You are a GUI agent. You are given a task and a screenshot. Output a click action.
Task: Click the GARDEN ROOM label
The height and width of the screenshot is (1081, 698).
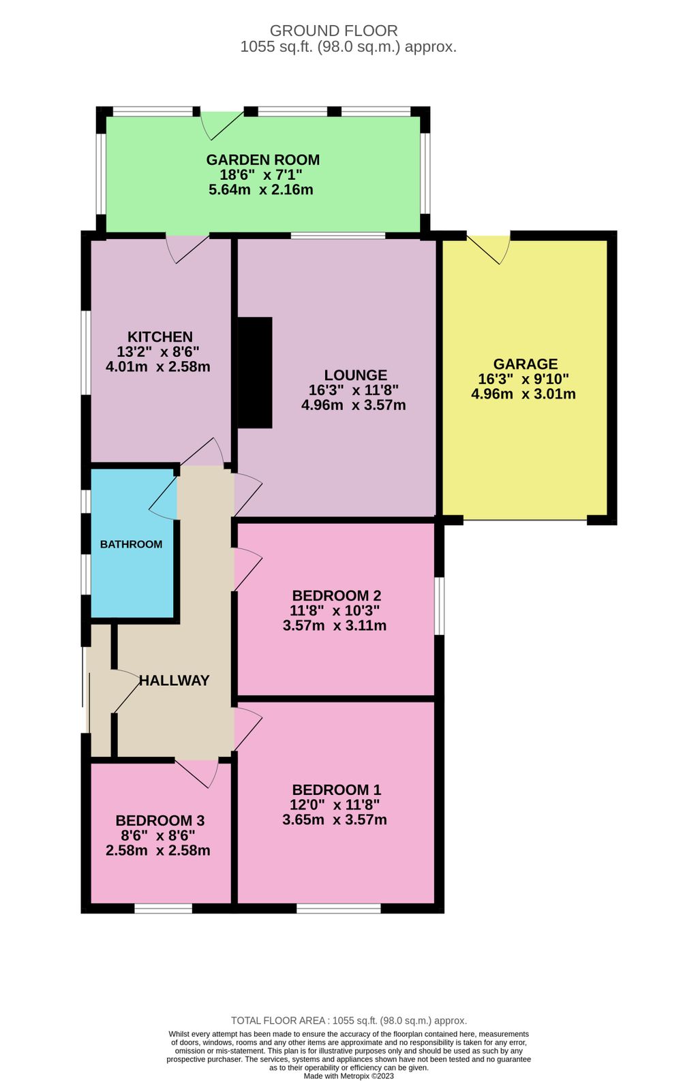[262, 160]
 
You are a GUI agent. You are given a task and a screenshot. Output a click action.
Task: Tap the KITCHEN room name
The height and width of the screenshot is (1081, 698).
[160, 336]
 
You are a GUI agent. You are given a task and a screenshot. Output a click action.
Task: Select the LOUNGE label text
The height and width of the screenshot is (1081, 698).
[355, 375]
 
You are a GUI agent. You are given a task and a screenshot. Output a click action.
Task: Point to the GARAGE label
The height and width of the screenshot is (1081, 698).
[525, 364]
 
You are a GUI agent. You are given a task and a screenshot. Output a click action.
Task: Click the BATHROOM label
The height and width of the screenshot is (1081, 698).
[131, 544]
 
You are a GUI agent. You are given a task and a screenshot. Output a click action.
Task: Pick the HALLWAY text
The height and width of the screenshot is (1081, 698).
[174, 680]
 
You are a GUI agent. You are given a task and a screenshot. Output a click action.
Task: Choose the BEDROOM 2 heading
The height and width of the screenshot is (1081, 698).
[336, 596]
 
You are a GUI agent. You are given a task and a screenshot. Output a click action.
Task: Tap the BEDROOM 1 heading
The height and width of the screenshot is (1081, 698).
[336, 790]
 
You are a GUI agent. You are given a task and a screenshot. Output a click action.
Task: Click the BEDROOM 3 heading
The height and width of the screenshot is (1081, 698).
[160, 821]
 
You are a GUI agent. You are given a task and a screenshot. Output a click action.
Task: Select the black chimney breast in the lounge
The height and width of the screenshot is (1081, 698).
[254, 373]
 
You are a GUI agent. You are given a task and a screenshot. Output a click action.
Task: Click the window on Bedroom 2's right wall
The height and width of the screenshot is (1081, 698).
[440, 606]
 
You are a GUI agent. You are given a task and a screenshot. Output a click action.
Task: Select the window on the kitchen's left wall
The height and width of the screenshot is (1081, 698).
[86, 353]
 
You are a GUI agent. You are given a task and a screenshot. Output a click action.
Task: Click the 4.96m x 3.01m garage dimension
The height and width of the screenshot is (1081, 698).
[523, 394]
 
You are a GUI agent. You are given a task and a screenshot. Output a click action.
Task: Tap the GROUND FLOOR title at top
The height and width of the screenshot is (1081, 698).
[333, 31]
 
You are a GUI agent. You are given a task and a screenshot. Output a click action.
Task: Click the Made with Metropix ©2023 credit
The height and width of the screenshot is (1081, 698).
[348, 1076]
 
